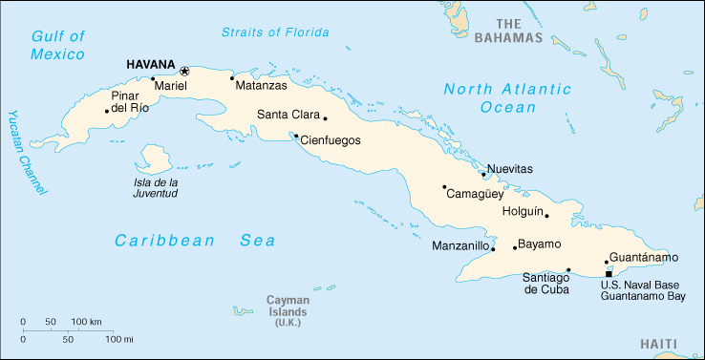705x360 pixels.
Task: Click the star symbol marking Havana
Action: point(184,71)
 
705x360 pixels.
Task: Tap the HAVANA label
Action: point(151,65)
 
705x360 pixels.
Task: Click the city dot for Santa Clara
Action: point(326,118)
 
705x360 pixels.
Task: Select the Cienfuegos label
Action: point(331,139)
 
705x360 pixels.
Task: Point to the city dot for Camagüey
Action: point(444,187)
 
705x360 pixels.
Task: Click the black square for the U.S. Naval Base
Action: point(609,274)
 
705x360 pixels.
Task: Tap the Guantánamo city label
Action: point(644,258)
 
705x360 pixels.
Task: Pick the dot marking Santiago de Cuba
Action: point(568,269)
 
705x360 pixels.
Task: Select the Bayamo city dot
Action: point(515,248)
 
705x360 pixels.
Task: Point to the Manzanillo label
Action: point(460,246)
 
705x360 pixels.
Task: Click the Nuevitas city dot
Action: point(484,175)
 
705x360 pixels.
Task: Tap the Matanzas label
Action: point(261,85)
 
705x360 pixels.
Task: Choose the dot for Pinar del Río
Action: point(107,111)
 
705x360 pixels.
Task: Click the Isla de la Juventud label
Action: point(156,187)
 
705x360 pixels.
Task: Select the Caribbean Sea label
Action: point(195,241)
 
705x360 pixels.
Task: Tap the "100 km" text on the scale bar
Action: point(87,321)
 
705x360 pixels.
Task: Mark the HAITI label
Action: point(658,344)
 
